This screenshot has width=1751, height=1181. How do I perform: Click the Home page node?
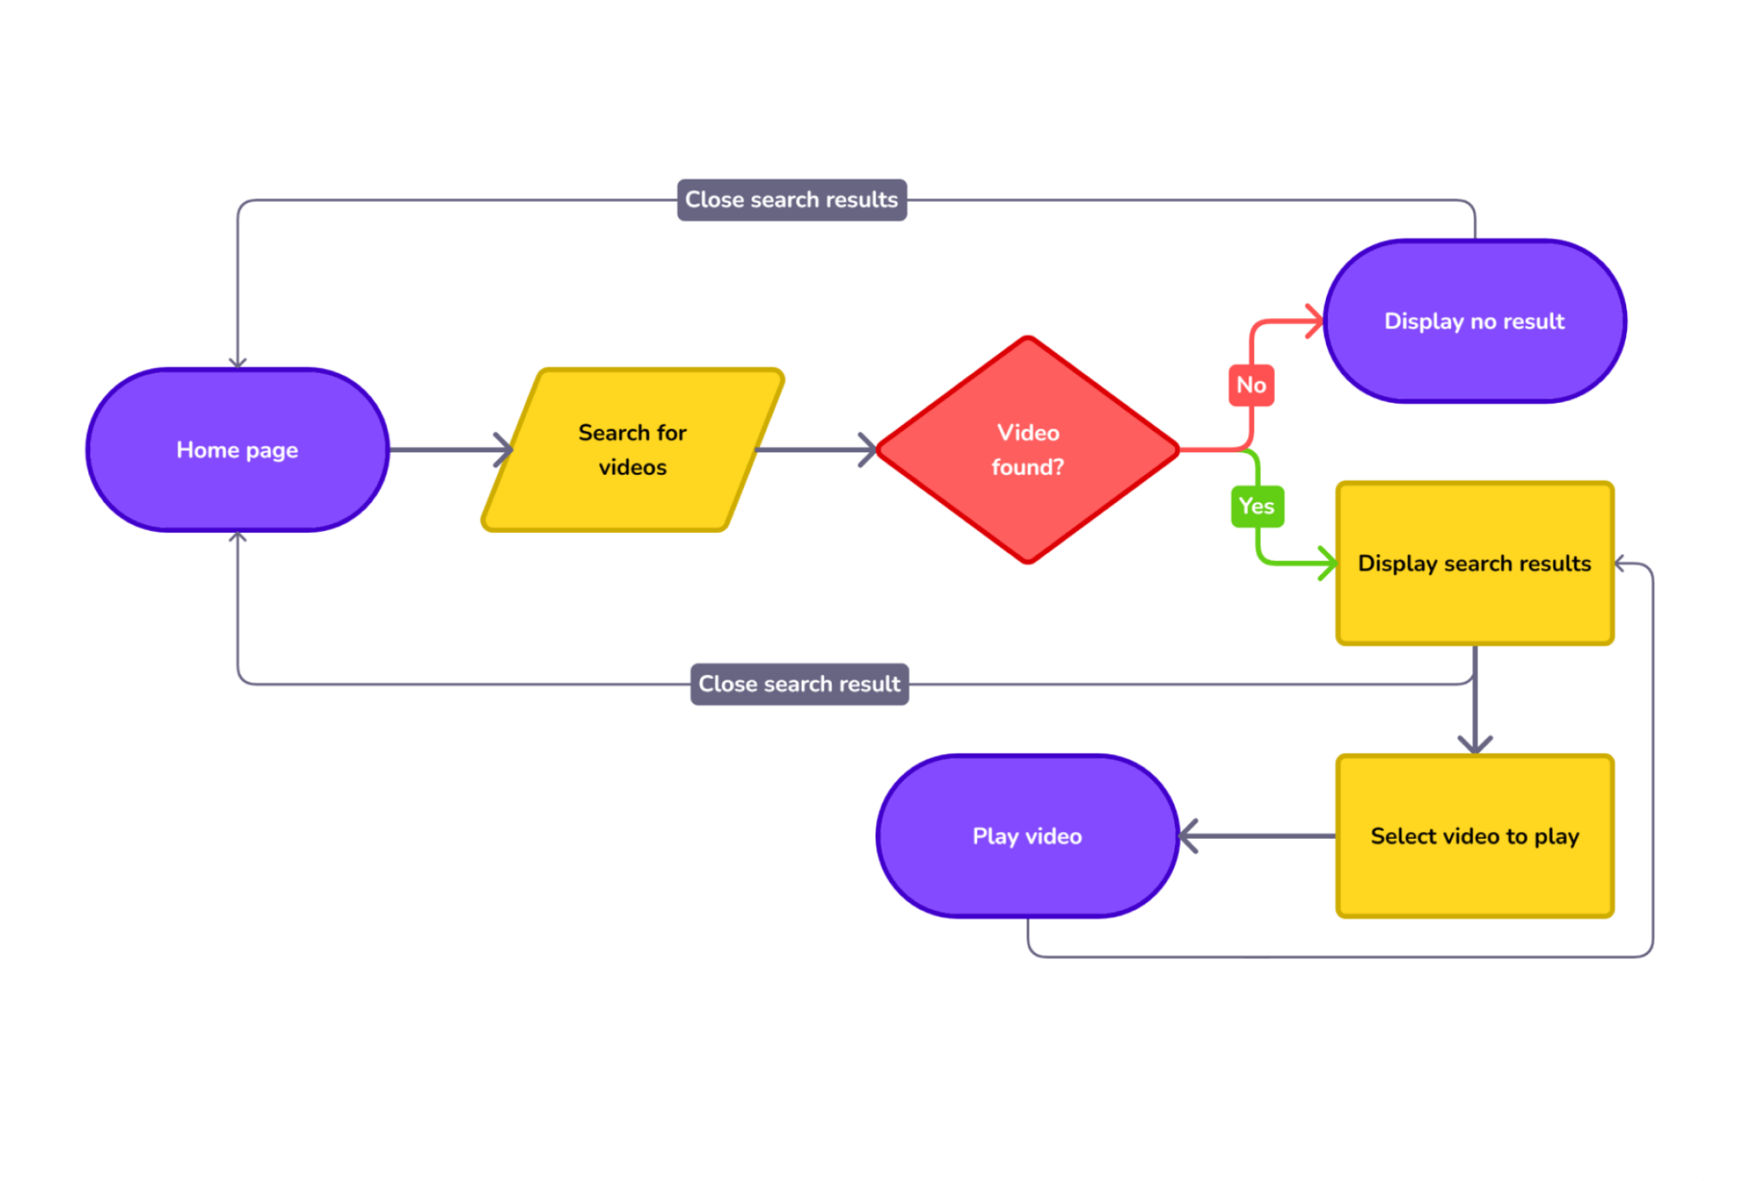click(238, 450)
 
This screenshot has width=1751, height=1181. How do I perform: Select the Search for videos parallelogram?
click(633, 450)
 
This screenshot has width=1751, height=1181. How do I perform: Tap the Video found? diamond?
click(1028, 450)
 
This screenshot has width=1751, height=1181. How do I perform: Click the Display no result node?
click(1475, 321)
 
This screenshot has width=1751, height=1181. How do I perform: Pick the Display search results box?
click(1475, 564)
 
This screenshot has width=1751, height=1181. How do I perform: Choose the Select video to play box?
click(1475, 836)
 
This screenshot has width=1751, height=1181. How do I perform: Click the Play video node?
click(1028, 836)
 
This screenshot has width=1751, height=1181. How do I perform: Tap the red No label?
click(1252, 385)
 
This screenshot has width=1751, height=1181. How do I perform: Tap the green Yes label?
click(1257, 506)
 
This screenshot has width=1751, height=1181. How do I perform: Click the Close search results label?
click(792, 200)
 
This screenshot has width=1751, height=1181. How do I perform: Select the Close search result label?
click(799, 684)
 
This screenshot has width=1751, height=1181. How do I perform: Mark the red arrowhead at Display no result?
click(1317, 322)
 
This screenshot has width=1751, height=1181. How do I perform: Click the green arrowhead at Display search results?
click(1329, 564)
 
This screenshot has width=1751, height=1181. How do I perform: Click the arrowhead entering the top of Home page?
click(238, 363)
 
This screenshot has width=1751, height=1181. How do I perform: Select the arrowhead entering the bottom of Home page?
click(238, 537)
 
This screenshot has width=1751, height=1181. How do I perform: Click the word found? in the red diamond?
click(1028, 468)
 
